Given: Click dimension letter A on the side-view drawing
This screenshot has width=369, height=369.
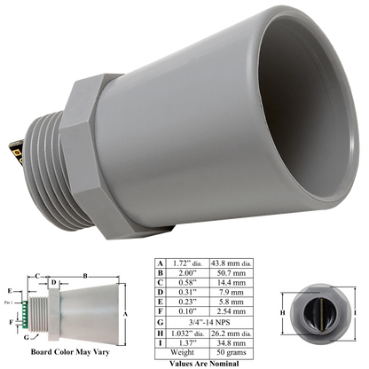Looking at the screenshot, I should (x=130, y=312).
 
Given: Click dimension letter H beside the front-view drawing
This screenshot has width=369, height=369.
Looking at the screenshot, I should (x=283, y=313).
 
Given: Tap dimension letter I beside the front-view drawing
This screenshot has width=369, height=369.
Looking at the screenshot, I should (x=356, y=313).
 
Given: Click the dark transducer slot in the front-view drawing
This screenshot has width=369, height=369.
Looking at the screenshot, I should (x=318, y=312).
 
